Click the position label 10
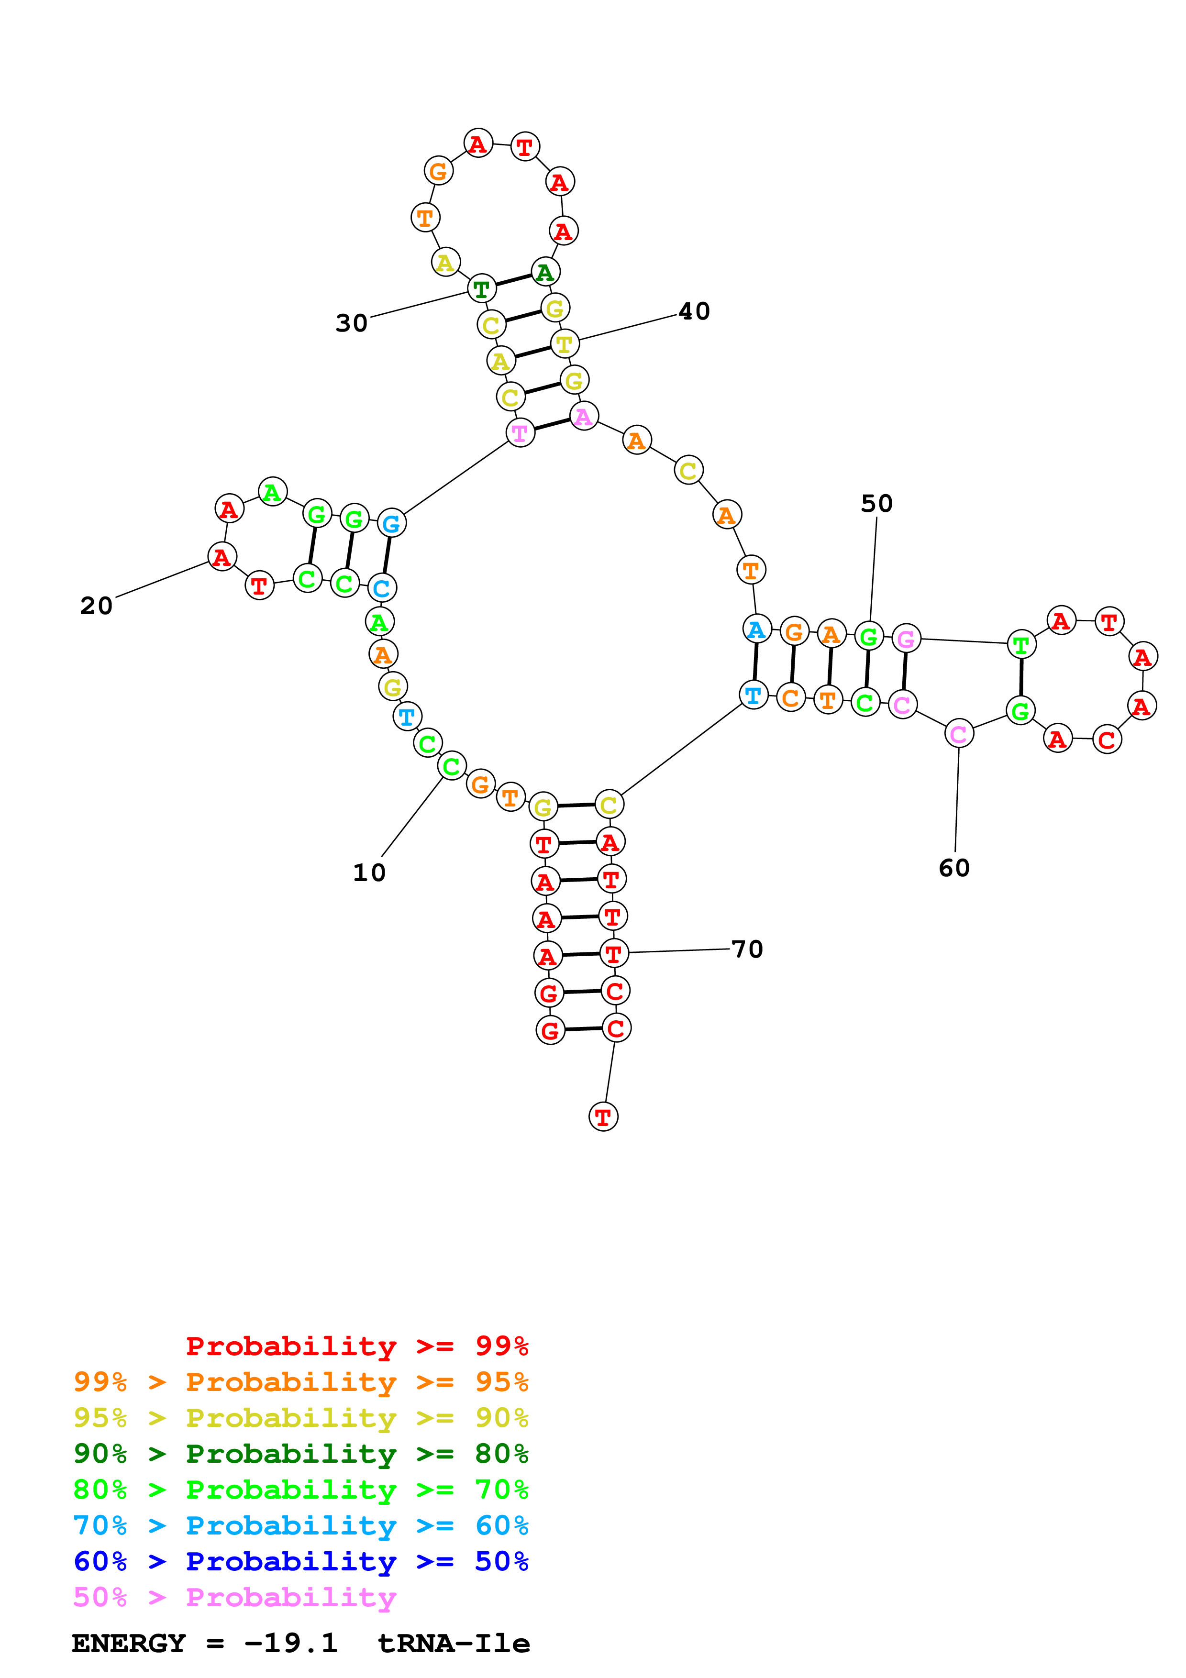coord(369,872)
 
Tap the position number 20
coord(97,606)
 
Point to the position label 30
coord(352,323)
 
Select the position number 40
coord(694,311)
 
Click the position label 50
coord(877,504)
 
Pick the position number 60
coord(954,868)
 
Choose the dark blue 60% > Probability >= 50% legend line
coord(301,1561)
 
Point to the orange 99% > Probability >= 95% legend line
coord(301,1382)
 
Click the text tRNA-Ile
coord(454,1644)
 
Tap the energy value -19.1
coord(291,1644)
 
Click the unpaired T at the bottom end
coord(603,1117)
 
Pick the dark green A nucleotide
coord(545,272)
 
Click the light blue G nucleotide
coord(392,523)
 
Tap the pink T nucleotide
coord(521,433)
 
